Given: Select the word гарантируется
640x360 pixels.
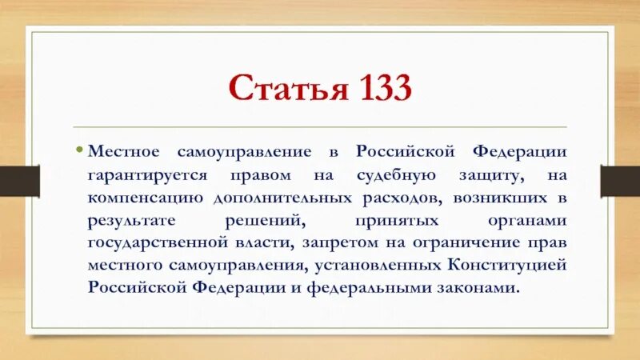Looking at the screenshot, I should click(x=140, y=173).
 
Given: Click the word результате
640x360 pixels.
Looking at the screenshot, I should click(x=128, y=218).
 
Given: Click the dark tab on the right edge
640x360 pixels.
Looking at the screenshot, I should click(x=622, y=180).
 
